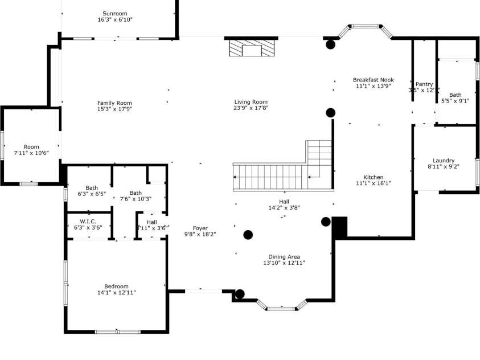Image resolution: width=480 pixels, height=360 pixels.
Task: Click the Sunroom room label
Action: [x=115, y=14]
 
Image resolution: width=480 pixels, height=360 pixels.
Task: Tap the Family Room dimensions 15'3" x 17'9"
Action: [x=114, y=109]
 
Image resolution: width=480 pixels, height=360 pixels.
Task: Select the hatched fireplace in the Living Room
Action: [x=251, y=48]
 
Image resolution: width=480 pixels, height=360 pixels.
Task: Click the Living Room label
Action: [x=251, y=102]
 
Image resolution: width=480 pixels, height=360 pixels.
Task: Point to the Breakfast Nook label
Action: [x=374, y=80]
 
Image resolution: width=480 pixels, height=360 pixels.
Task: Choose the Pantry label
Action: [x=424, y=84]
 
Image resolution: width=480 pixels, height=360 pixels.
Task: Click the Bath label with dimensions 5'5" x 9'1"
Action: [x=456, y=95]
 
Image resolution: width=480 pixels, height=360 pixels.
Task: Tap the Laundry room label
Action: [x=444, y=161]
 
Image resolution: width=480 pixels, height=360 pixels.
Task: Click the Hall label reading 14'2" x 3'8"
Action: [x=284, y=202]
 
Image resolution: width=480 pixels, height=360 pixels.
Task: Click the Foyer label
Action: [x=200, y=228]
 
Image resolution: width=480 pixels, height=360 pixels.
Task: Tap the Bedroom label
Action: [x=116, y=287]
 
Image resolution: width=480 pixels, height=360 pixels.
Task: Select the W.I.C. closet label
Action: [x=87, y=221]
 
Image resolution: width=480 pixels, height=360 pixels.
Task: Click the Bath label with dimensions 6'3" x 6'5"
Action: [x=92, y=187]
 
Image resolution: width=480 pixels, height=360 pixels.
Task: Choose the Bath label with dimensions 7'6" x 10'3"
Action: [x=136, y=193]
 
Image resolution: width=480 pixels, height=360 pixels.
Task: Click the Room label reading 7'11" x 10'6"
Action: [x=31, y=147]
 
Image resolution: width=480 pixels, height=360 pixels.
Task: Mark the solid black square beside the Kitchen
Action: [x=339, y=227]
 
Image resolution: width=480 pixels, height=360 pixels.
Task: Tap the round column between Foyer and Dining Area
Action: [x=248, y=235]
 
